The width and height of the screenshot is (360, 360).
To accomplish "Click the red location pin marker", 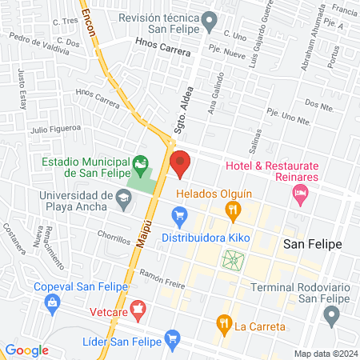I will [180, 162].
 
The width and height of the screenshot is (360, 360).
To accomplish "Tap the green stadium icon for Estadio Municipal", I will [141, 166].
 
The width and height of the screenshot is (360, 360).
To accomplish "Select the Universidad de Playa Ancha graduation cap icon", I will [123, 196].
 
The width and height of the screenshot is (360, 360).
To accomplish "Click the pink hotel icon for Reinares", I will [301, 191].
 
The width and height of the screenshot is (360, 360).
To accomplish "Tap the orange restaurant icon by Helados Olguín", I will [234, 211].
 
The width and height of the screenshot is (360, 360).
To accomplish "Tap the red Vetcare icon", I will [138, 308].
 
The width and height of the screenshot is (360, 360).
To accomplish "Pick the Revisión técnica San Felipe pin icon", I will [210, 19].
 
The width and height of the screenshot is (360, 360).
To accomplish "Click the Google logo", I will [27, 350].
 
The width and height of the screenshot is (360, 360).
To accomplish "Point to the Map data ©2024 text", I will [326, 353].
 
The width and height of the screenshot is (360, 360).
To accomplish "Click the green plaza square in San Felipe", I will [233, 259].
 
